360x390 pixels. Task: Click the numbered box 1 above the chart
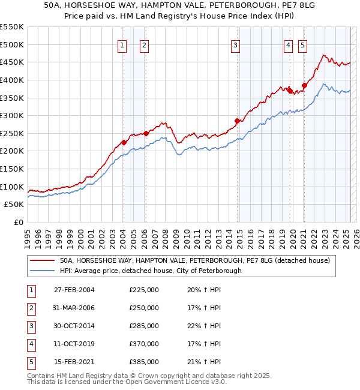tap(122, 44)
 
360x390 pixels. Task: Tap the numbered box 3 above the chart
tap(236, 44)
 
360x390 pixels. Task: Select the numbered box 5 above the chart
tap(302, 44)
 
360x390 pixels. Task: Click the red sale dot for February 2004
tap(124, 142)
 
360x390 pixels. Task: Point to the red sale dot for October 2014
tap(237, 121)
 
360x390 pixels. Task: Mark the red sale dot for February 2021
tap(304, 85)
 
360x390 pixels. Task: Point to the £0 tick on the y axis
tap(18, 222)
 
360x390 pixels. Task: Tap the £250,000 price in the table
tap(144, 308)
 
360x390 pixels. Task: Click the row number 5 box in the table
tap(30, 362)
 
